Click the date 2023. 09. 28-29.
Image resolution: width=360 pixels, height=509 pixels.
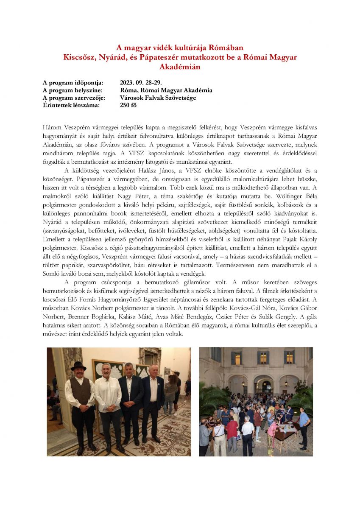[x=140, y=83]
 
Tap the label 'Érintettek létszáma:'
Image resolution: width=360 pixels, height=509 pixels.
[x=71, y=105]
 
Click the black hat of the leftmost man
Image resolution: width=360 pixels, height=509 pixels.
[x=78, y=366]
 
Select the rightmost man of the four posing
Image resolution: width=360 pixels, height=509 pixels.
[x=153, y=399]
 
